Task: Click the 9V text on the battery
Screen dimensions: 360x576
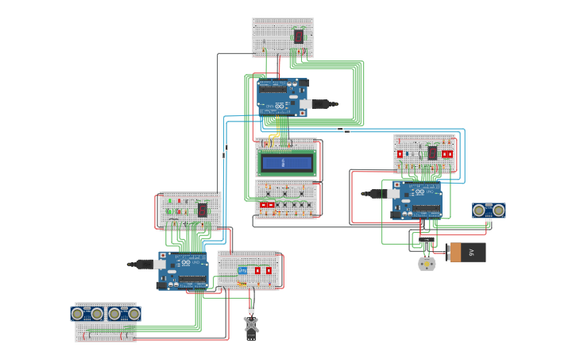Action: click(x=469, y=253)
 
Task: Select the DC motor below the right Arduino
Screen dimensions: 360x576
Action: click(x=427, y=264)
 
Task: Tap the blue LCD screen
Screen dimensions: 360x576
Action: click(x=286, y=163)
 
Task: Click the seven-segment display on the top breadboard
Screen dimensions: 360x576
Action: click(x=298, y=36)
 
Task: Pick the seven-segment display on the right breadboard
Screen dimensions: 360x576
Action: click(x=432, y=153)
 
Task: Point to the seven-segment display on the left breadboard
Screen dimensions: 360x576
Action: click(x=202, y=210)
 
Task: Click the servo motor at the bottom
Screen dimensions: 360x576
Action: click(x=251, y=325)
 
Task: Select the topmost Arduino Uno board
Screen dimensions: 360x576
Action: click(x=281, y=97)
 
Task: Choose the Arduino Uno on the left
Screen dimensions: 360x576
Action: click(x=184, y=270)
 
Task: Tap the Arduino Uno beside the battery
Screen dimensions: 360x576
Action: click(x=416, y=199)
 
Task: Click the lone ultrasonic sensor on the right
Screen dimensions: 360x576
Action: click(x=489, y=210)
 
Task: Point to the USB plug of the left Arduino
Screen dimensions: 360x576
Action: click(x=145, y=263)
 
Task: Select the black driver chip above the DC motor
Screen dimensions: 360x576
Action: click(x=427, y=238)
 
